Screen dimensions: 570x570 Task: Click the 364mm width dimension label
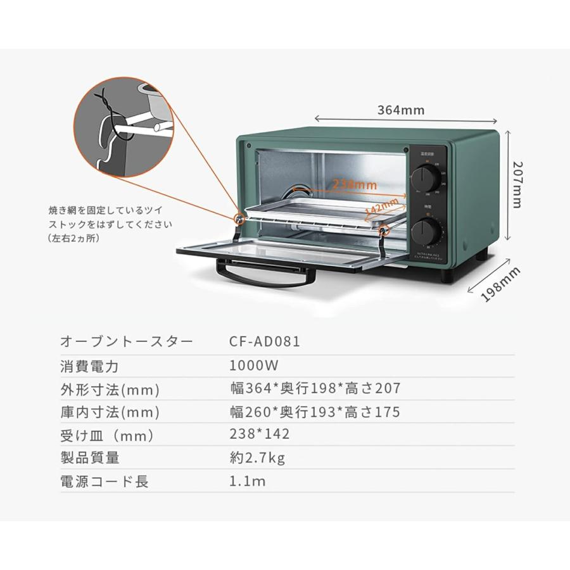click(401, 110)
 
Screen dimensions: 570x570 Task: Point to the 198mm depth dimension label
click(500, 284)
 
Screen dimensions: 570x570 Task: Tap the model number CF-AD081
click(265, 342)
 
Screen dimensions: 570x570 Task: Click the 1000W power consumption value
click(254, 365)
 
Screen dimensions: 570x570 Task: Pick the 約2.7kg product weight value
click(257, 458)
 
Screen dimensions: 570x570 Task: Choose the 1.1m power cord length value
click(248, 481)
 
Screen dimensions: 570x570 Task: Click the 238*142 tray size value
click(260, 434)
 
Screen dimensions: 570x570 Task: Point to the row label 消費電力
click(89, 366)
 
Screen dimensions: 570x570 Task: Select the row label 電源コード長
click(104, 481)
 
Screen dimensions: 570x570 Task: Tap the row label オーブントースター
click(126, 342)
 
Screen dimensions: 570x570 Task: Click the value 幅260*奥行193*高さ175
click(315, 412)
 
